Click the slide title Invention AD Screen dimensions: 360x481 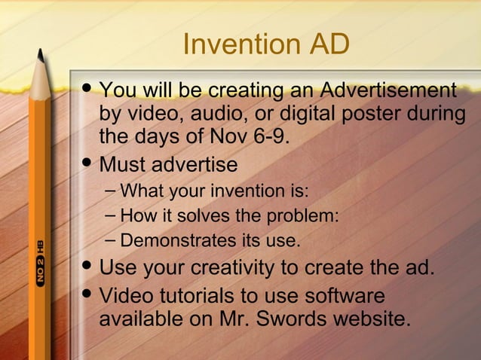(266, 44)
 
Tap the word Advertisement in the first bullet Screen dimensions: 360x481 (388, 92)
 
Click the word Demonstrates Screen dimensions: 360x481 (170, 242)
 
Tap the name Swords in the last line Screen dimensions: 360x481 (287, 319)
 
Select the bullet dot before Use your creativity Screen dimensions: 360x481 (86, 267)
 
